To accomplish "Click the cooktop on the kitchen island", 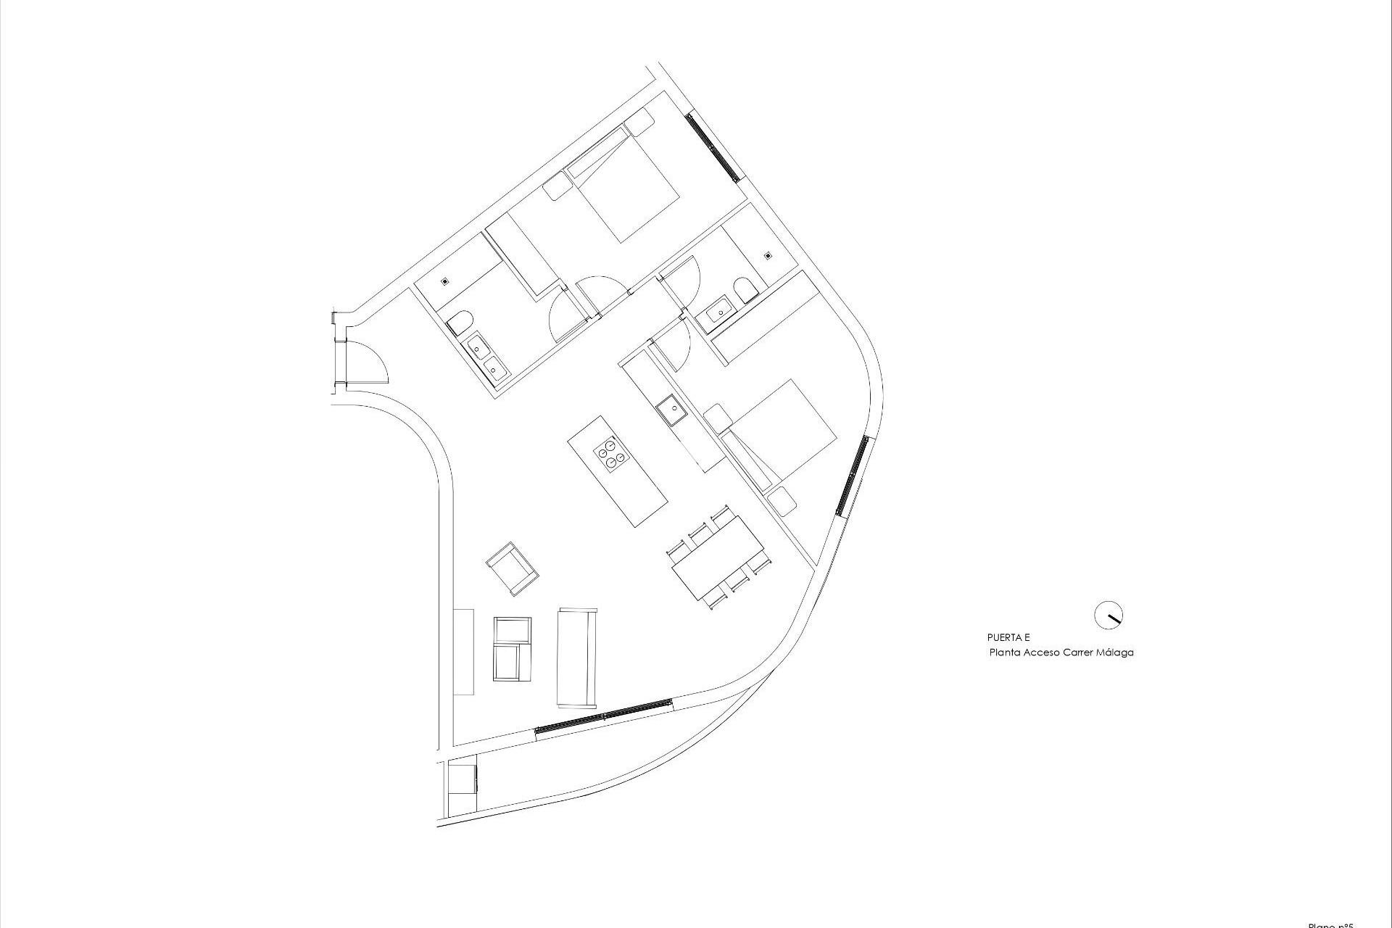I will [610, 455].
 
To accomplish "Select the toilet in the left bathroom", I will [460, 321].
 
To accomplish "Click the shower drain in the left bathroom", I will [445, 281].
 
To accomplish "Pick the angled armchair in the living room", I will [512, 568].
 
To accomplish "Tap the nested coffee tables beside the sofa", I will [512, 650].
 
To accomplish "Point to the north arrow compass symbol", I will [1108, 615].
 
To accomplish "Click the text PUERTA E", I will [1008, 638].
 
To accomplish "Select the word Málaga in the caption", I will [1117, 652].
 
